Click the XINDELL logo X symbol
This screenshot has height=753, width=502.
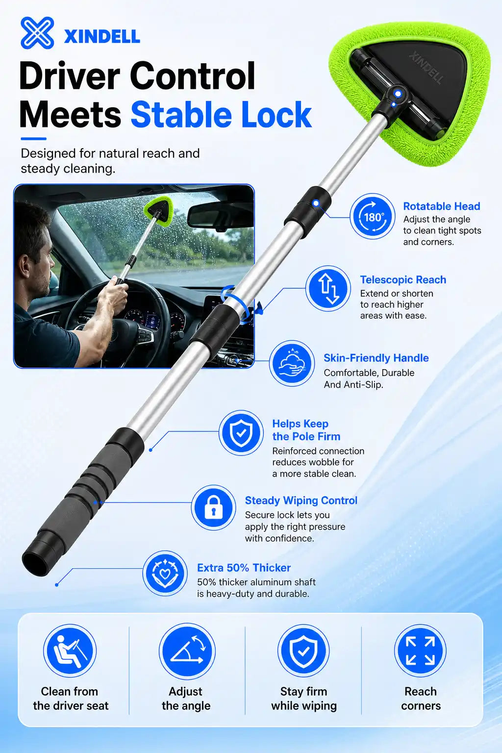tap(37, 33)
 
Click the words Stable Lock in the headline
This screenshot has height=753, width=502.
tap(221, 115)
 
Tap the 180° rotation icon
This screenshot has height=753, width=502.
tap(373, 216)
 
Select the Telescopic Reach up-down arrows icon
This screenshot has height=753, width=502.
tap(328, 288)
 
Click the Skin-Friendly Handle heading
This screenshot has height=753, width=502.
tap(376, 358)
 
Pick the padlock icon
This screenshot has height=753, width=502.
tap(214, 507)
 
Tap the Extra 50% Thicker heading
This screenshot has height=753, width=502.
tap(244, 568)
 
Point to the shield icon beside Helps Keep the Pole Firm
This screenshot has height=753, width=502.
tap(241, 433)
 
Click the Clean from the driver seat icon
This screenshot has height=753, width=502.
tap(70, 652)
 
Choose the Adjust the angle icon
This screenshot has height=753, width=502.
tap(187, 652)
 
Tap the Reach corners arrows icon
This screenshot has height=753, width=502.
tap(420, 652)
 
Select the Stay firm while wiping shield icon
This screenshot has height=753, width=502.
tap(303, 652)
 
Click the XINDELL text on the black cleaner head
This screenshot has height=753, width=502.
tap(427, 67)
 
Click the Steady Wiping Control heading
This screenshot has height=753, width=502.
tap(301, 500)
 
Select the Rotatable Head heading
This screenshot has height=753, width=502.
tap(442, 206)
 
